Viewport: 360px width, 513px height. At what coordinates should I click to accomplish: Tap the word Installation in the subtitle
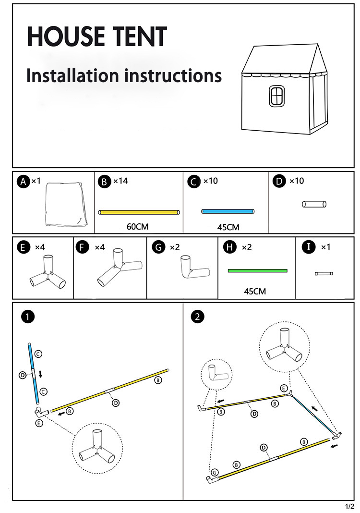pyautogui.click(x=72, y=75)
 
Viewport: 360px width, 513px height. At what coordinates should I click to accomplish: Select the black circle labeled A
pyautogui.click(x=23, y=182)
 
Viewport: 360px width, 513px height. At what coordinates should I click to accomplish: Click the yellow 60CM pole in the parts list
pyautogui.click(x=139, y=212)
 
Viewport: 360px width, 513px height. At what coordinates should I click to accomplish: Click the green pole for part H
pyautogui.click(x=257, y=271)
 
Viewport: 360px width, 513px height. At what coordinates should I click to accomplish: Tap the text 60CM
pyautogui.click(x=139, y=226)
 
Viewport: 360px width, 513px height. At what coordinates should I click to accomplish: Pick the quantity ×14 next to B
pyautogui.click(x=120, y=181)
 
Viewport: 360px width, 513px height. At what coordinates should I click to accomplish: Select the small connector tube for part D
pyautogui.click(x=314, y=204)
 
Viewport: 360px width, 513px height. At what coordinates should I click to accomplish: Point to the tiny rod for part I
pyautogui.click(x=324, y=273)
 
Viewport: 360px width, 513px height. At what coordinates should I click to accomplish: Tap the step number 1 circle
pyautogui.click(x=29, y=317)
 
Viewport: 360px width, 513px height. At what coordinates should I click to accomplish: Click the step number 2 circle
pyautogui.click(x=197, y=317)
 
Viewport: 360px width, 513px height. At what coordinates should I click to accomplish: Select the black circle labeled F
pyautogui.click(x=83, y=247)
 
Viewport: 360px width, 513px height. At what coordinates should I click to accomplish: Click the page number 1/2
pyautogui.click(x=349, y=506)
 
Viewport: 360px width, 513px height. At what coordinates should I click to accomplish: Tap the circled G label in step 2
pyautogui.click(x=215, y=473)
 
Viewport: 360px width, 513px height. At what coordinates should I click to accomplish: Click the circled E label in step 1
pyautogui.click(x=39, y=423)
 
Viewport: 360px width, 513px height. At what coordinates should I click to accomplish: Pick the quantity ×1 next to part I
pyautogui.click(x=325, y=247)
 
